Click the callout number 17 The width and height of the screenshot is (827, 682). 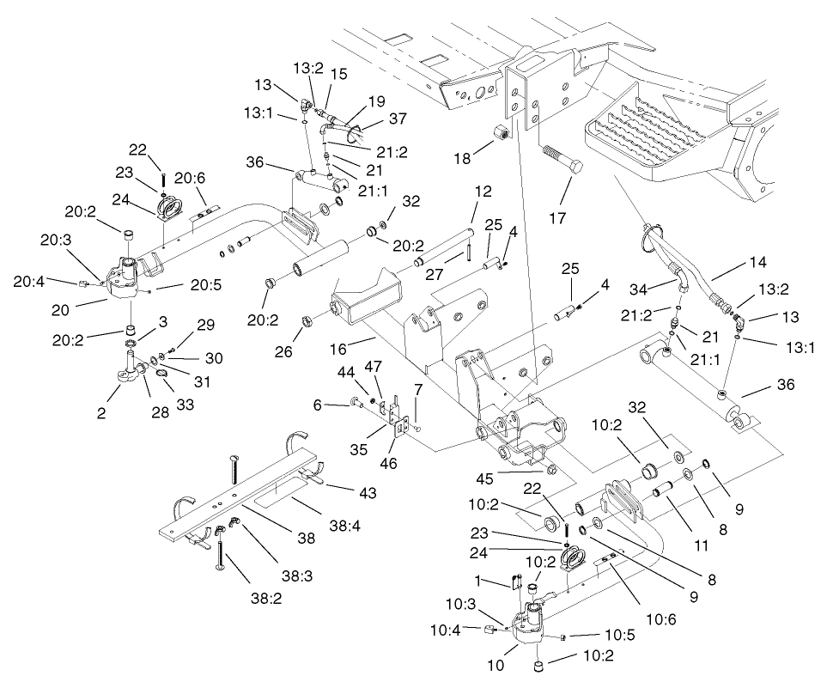(x=557, y=218)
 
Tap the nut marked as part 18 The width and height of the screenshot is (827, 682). (x=502, y=132)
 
